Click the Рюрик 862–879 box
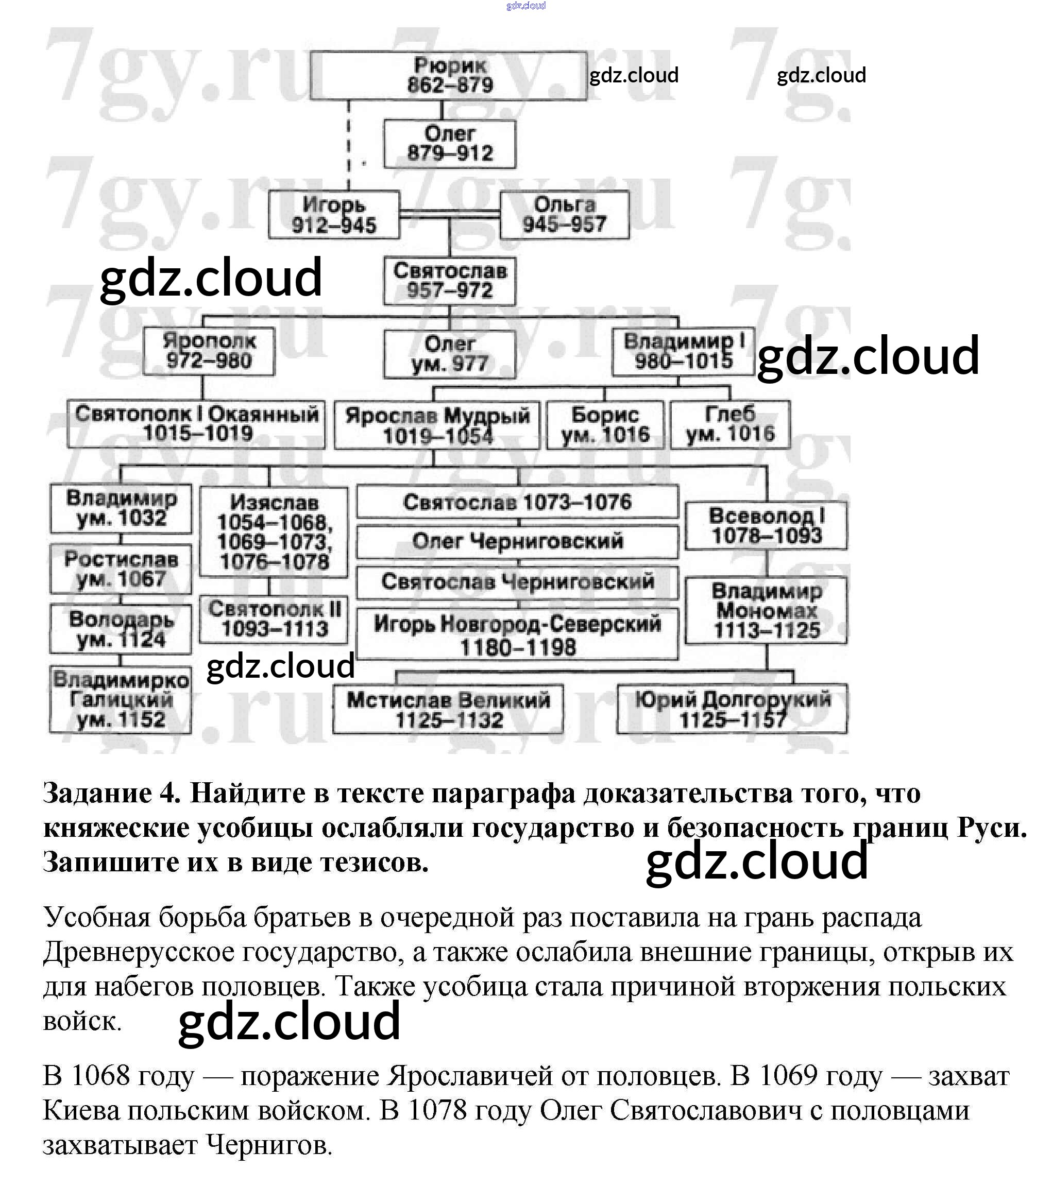pos(448,76)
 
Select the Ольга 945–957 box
pos(564,215)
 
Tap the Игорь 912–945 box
pos(334,215)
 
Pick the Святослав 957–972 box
pos(449,281)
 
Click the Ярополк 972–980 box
pos(209,351)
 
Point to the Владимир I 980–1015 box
pos(683,351)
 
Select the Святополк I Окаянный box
pos(196,424)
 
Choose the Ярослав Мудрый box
pos(437,425)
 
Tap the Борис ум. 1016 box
pos(605,425)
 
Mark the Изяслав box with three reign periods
pos(274,531)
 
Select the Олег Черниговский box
pos(517,541)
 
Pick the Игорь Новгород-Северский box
pos(517,634)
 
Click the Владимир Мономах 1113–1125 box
pos(766,610)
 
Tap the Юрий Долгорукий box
pos(732,709)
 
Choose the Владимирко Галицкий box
pos(121,700)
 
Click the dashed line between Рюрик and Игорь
pos(349,145)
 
